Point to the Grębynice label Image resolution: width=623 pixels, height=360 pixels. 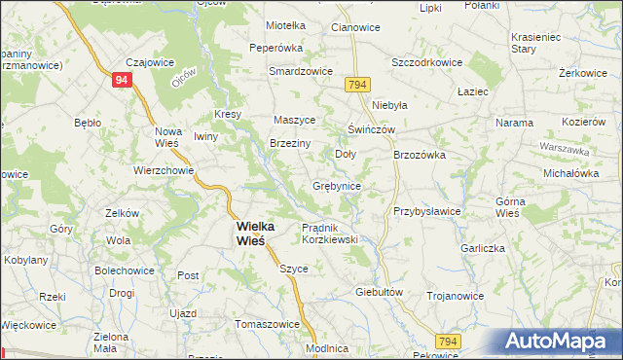pyautogui.click(x=338, y=185)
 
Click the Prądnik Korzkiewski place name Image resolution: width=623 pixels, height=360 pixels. pyautogui.click(x=330, y=233)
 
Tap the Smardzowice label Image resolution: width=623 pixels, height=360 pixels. pyautogui.click(x=302, y=72)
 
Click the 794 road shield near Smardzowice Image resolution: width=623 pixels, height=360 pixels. pyautogui.click(x=356, y=88)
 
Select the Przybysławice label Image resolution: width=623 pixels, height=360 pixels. pyautogui.click(x=426, y=211)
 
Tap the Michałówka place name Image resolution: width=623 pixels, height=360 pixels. pyautogui.click(x=570, y=172)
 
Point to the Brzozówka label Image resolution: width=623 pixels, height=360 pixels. pyautogui.click(x=420, y=154)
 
